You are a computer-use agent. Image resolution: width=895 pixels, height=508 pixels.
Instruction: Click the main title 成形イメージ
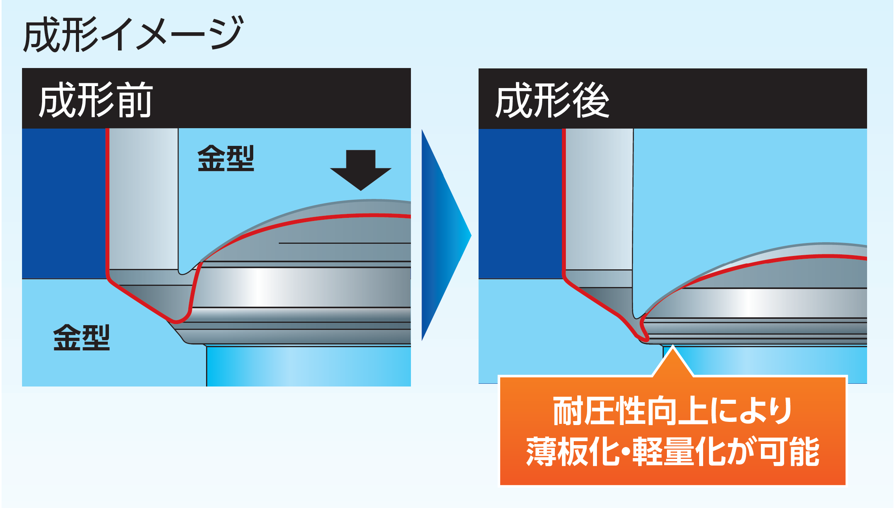pyautogui.click(x=133, y=35)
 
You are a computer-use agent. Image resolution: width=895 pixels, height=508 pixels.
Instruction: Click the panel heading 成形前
pyautogui.click(x=96, y=101)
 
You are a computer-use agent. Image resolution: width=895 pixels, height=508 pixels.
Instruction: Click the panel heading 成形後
pyautogui.click(x=552, y=101)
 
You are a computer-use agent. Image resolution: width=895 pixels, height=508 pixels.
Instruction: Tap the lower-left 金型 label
pyautogui.click(x=81, y=337)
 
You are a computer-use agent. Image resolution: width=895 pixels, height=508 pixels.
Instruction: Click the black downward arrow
pyautogui.click(x=361, y=169)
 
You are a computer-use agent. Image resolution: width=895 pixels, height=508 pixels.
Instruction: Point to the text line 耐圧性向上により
pyautogui.click(x=672, y=411)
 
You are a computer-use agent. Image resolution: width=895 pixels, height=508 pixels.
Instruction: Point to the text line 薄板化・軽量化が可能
pyautogui.click(x=672, y=451)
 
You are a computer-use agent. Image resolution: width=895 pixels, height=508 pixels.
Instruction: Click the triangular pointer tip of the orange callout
pyautogui.click(x=673, y=354)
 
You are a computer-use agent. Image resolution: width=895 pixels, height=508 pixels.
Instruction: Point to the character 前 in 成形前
pyautogui.click(x=134, y=101)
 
